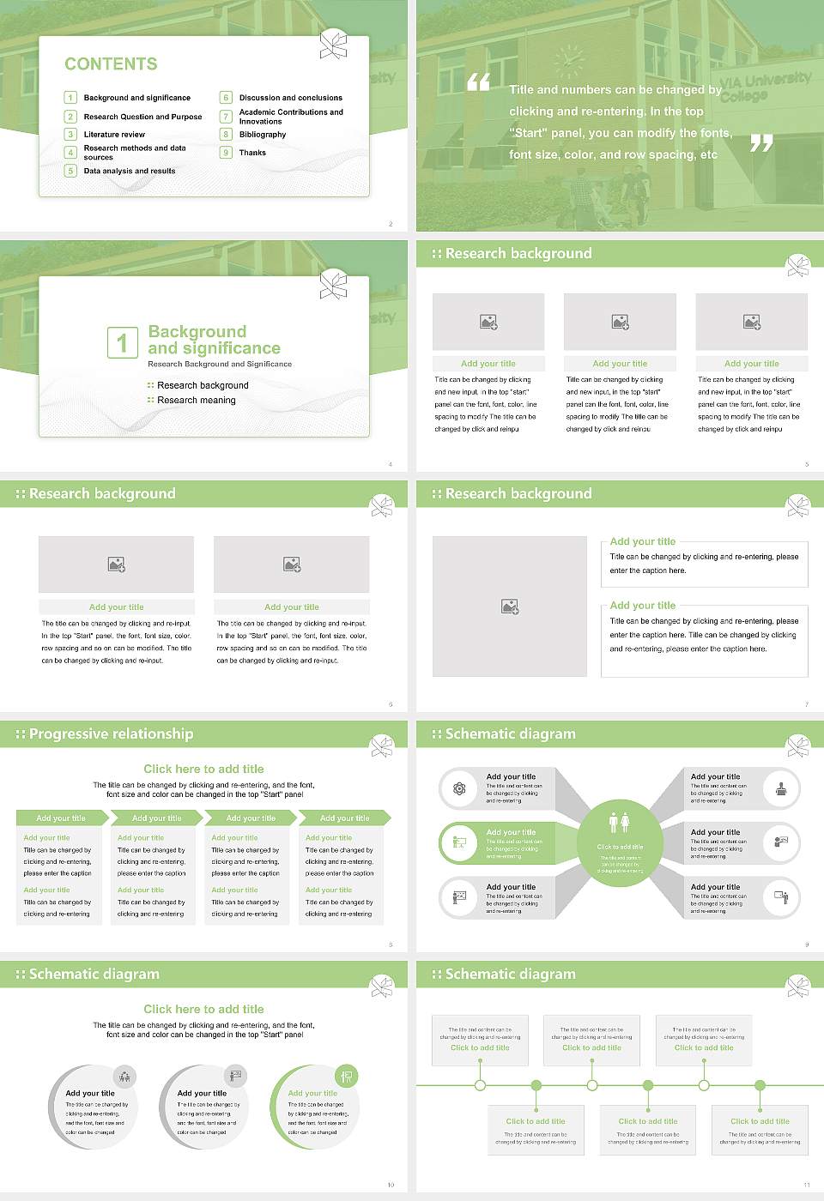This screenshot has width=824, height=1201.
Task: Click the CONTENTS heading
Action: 111,64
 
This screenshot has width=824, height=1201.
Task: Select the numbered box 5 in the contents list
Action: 71,171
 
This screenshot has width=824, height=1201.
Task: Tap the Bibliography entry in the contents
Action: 263,135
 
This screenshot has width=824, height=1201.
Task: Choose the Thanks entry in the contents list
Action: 252,153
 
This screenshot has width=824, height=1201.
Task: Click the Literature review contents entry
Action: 114,135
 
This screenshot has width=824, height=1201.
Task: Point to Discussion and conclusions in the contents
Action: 290,98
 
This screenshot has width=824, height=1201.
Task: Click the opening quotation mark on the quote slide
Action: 478,82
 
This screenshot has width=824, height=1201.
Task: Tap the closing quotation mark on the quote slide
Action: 760,143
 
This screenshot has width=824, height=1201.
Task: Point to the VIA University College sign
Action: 763,86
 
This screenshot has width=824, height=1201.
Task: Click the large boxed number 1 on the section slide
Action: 122,343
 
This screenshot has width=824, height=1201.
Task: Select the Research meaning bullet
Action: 196,401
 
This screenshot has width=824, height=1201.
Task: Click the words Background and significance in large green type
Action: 214,340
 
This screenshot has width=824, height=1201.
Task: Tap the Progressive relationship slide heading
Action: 111,734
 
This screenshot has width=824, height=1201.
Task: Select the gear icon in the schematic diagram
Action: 459,789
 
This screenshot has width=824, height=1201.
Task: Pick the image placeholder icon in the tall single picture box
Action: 510,607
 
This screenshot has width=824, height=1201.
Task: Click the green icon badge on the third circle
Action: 346,1076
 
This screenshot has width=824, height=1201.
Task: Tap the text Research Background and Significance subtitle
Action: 220,365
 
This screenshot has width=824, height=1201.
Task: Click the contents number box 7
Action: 227,117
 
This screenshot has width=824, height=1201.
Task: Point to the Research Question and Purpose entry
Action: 142,117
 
